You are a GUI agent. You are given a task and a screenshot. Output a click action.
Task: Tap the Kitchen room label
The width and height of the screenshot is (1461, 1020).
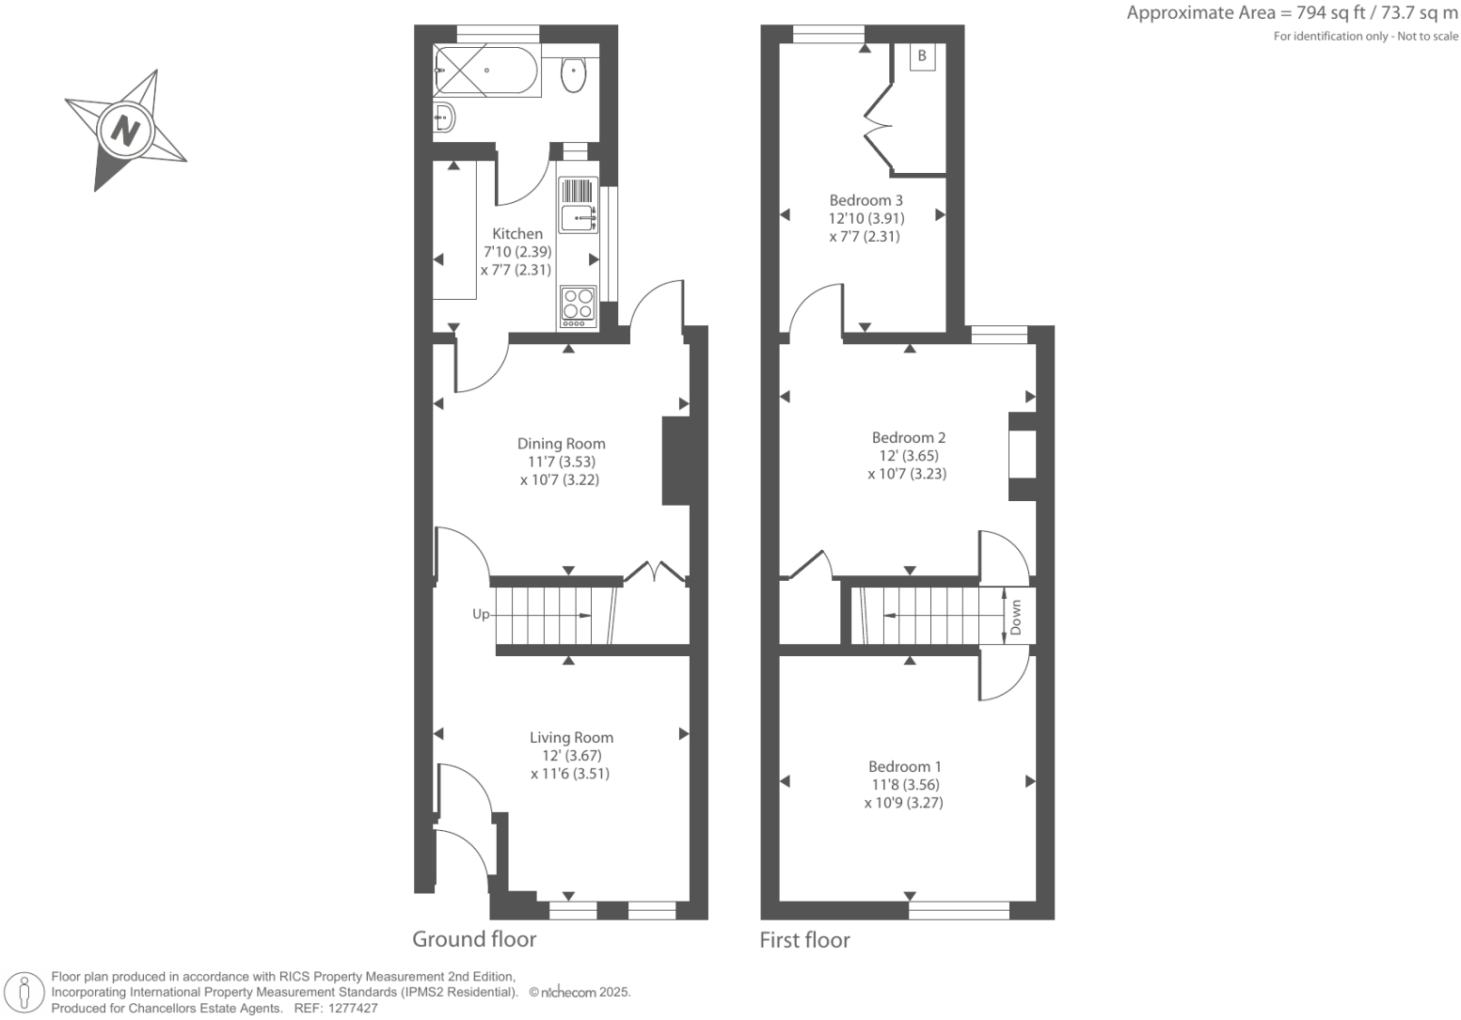pyautogui.click(x=517, y=234)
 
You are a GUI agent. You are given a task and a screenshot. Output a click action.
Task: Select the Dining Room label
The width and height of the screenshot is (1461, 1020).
pyautogui.click(x=561, y=444)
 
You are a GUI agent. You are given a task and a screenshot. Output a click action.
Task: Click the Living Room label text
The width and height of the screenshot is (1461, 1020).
pyautogui.click(x=571, y=738)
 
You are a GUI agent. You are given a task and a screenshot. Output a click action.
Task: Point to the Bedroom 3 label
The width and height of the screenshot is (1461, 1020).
pyautogui.click(x=865, y=200)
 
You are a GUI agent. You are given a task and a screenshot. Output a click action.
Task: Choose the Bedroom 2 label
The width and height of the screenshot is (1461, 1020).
pyautogui.click(x=908, y=437)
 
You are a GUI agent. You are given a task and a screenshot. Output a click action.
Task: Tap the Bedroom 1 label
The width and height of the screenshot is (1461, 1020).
pyautogui.click(x=904, y=766)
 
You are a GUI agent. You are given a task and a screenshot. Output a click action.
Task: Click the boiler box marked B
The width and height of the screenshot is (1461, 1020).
pyautogui.click(x=922, y=56)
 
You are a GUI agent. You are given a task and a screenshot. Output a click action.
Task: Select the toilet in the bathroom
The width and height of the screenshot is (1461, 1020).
pyautogui.click(x=574, y=74)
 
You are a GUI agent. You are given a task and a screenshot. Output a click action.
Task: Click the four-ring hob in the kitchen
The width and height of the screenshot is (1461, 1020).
pyautogui.click(x=578, y=305)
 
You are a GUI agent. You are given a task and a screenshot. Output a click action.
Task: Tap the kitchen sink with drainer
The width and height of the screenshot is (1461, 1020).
pyautogui.click(x=577, y=206)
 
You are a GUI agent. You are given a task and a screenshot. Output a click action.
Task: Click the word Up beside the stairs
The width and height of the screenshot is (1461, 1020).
pyautogui.click(x=481, y=615)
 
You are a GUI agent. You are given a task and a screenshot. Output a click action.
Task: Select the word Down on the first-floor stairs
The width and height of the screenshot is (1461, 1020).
pyautogui.click(x=1016, y=618)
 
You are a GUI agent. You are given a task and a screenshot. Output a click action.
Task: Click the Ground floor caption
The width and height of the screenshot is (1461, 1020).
pyautogui.click(x=474, y=939)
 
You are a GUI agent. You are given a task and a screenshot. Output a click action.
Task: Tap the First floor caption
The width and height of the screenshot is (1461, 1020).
pyautogui.click(x=804, y=940)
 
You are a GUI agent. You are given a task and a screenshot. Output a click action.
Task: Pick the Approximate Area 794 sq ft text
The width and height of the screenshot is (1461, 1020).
pyautogui.click(x=1292, y=13)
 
